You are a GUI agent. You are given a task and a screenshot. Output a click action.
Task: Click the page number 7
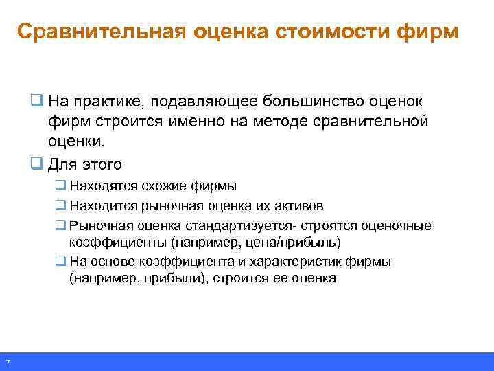pyautogui.click(x=7, y=362)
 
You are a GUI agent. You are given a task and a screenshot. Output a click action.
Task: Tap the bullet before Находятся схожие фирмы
pyautogui.click(x=61, y=185)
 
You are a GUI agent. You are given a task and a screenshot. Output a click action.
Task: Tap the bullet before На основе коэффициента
pyautogui.click(x=61, y=262)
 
